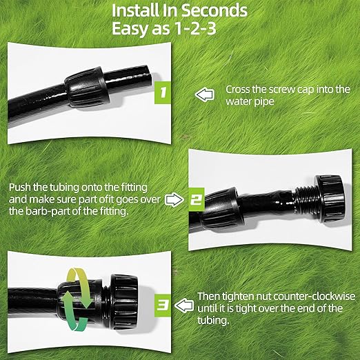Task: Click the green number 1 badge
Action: (x=161, y=91)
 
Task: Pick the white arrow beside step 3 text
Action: (x=185, y=303)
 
